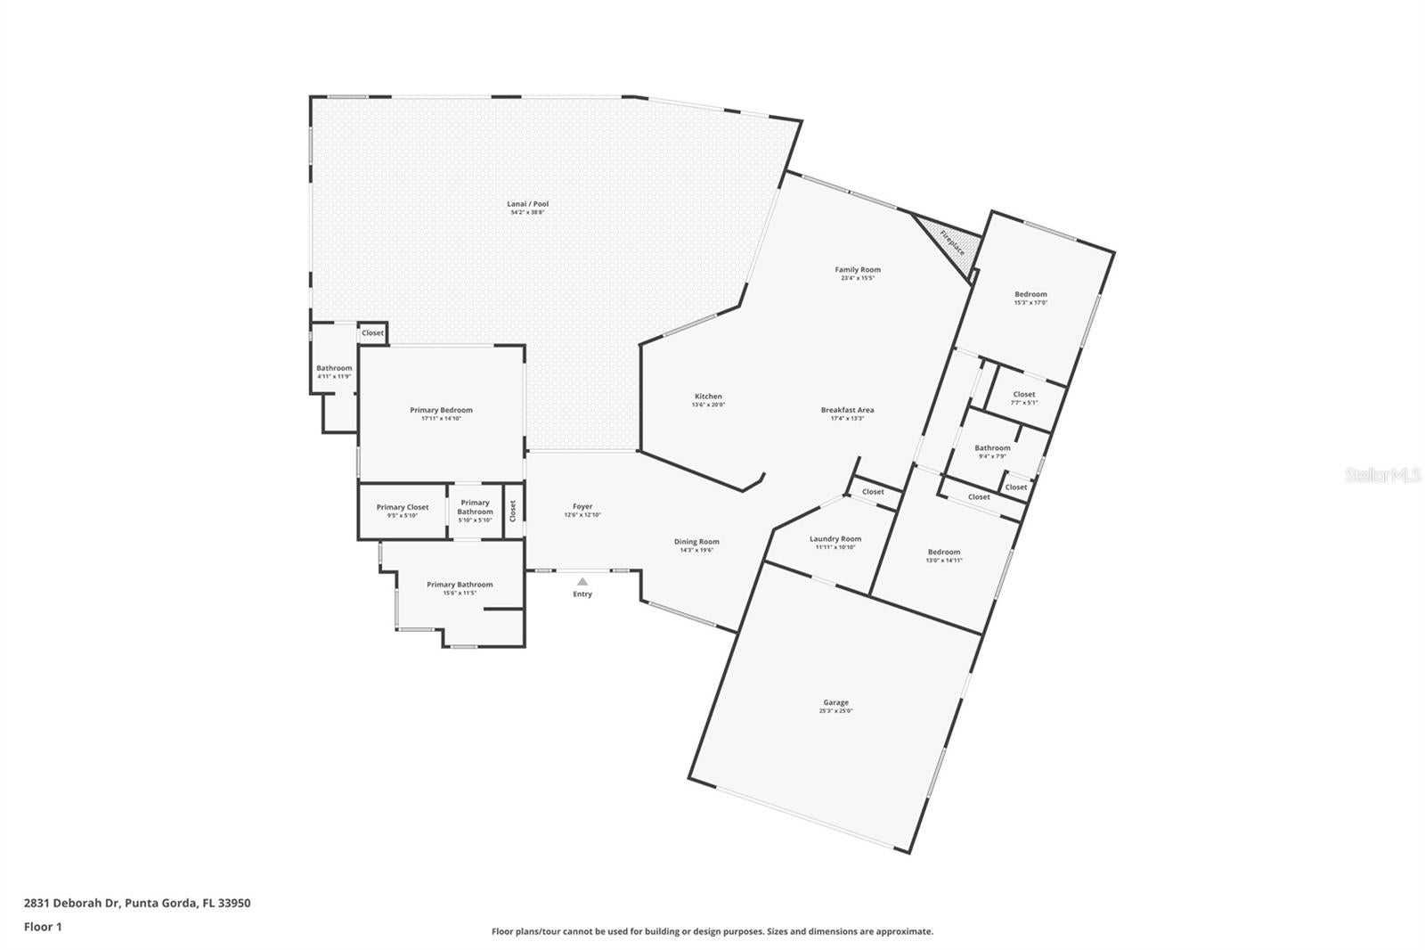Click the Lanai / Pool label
528,204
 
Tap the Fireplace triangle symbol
949,239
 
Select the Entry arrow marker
582,582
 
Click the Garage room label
835,702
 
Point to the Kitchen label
708,397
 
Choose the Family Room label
858,269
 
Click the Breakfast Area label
847,410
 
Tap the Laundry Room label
835,538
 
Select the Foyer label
582,506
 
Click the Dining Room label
696,541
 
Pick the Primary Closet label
403,507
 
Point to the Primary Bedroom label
441,410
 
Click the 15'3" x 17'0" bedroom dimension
1030,303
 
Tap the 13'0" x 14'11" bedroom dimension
943,561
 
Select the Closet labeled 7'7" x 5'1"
1024,397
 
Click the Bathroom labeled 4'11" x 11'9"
334,372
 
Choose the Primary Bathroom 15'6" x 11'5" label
460,588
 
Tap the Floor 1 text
43,927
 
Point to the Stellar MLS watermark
1382,476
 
